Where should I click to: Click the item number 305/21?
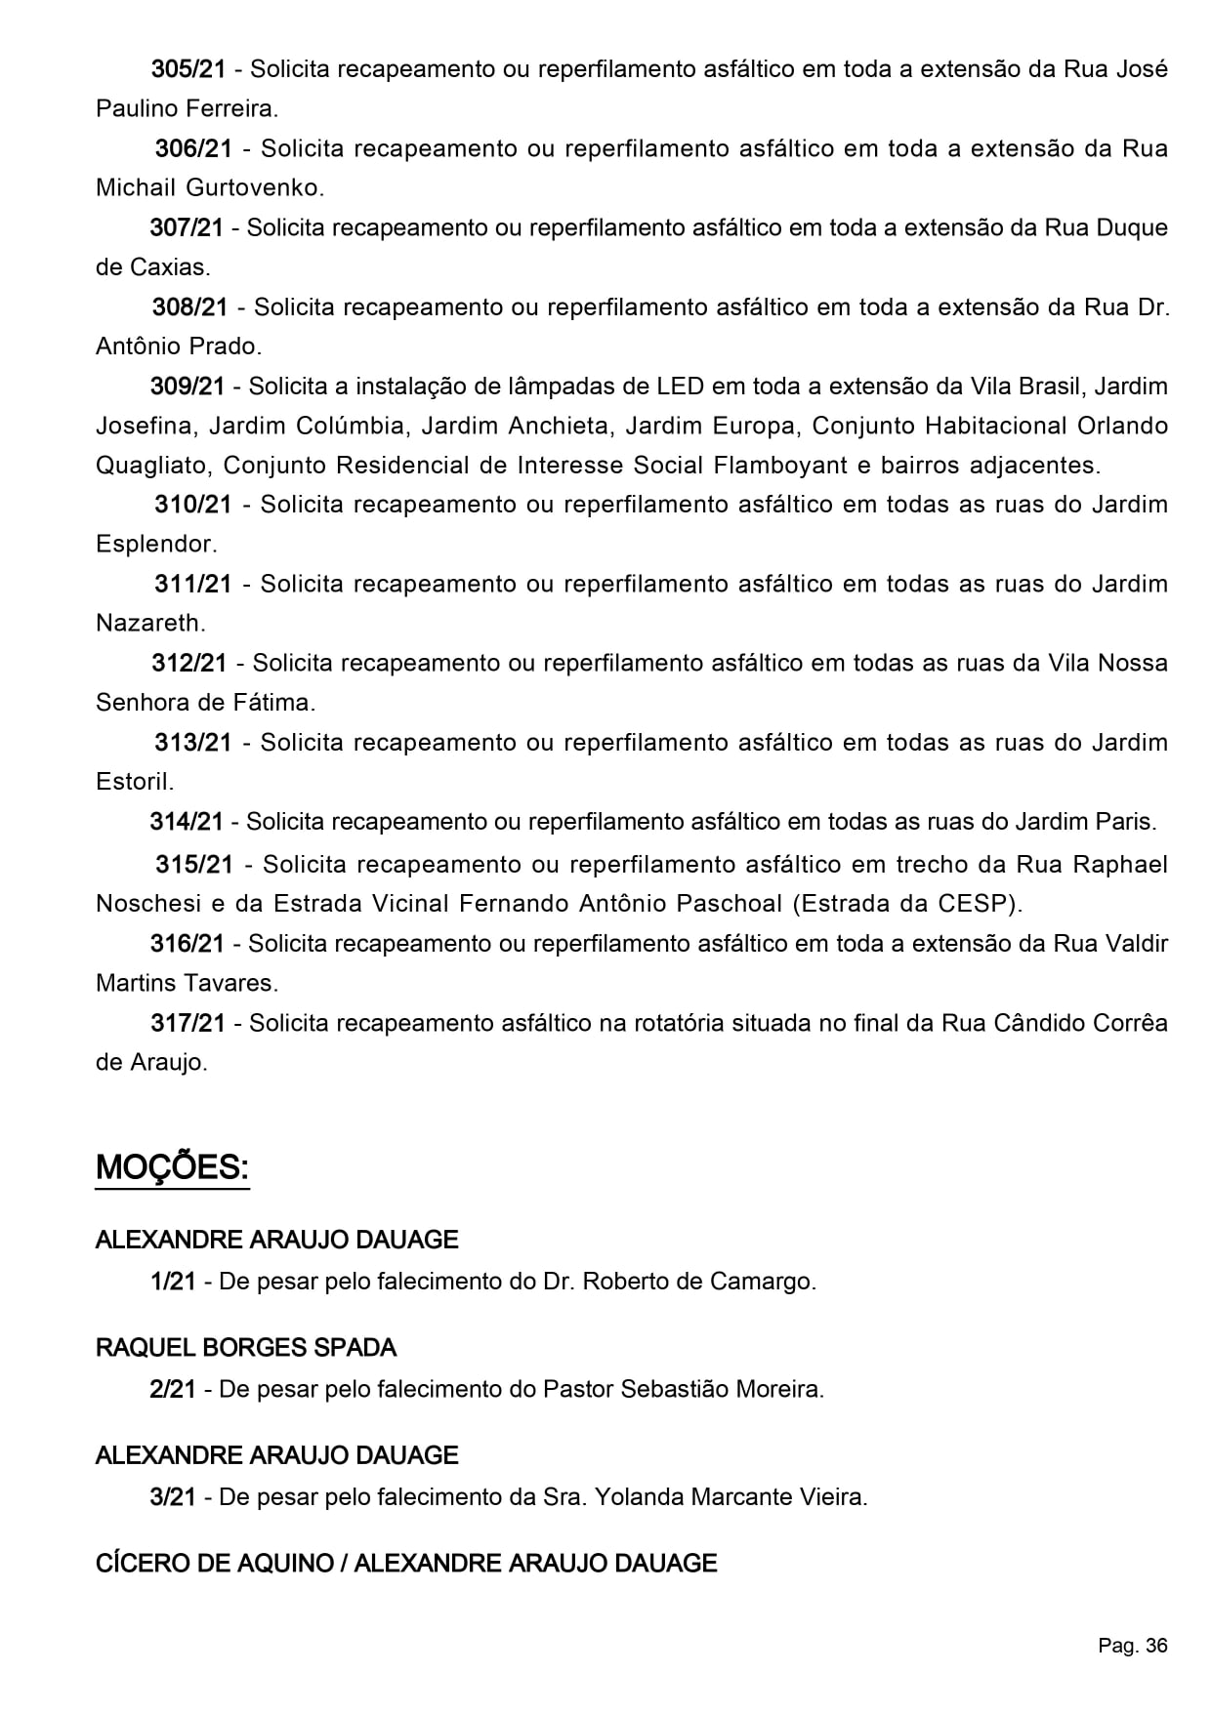pos(188,69)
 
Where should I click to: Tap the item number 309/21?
pos(188,386)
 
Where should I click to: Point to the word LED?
pos(680,386)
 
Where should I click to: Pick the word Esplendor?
pos(155,544)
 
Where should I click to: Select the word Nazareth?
pos(149,623)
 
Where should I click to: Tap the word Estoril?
pos(134,781)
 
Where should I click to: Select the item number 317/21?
pos(188,1023)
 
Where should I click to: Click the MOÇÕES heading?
pos(172,1167)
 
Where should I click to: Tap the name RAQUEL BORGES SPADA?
pos(246,1348)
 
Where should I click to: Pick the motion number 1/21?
pos(174,1281)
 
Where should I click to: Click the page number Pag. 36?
pos(1132,1646)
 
